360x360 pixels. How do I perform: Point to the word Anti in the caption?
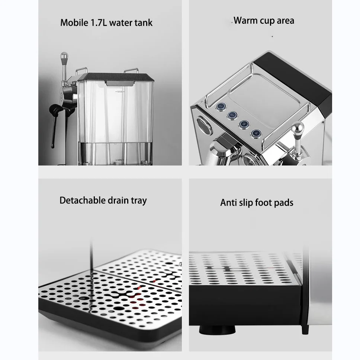(x=228, y=203)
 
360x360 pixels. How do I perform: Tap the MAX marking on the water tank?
(x=120, y=91)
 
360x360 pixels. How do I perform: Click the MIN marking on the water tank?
(x=120, y=160)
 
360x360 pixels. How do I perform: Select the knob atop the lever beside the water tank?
(x=64, y=56)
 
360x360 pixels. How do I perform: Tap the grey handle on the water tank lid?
(x=120, y=83)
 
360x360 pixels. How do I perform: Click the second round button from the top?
(x=232, y=115)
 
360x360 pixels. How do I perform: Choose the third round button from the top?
(x=244, y=124)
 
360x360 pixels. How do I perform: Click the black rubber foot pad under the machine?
(x=217, y=330)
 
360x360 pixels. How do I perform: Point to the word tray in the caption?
(x=139, y=201)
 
